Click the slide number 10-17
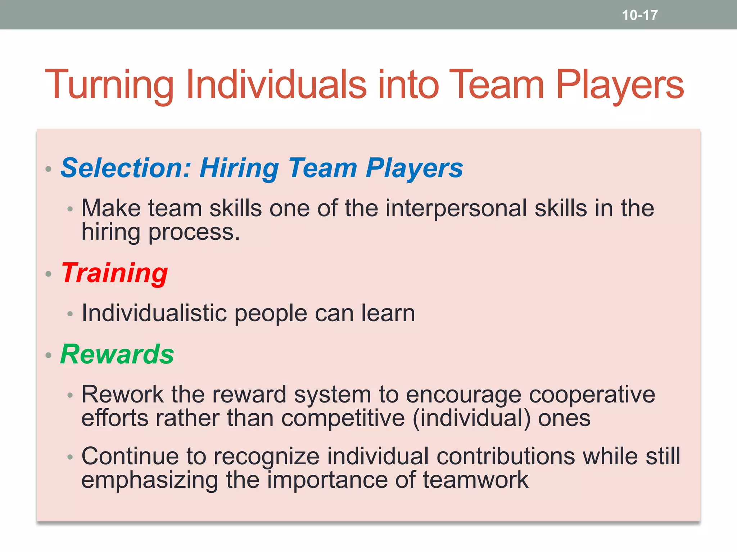(x=639, y=15)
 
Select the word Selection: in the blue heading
(x=125, y=168)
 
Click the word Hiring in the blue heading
(x=239, y=168)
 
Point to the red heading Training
(x=114, y=273)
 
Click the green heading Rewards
(x=117, y=354)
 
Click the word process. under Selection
(x=194, y=232)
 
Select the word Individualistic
(x=154, y=313)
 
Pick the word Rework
(x=122, y=395)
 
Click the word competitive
(x=343, y=418)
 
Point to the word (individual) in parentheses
(x=471, y=418)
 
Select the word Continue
(x=130, y=456)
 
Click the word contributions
(x=505, y=456)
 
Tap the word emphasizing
(x=150, y=480)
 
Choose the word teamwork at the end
(x=475, y=480)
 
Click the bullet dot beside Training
(x=49, y=274)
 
